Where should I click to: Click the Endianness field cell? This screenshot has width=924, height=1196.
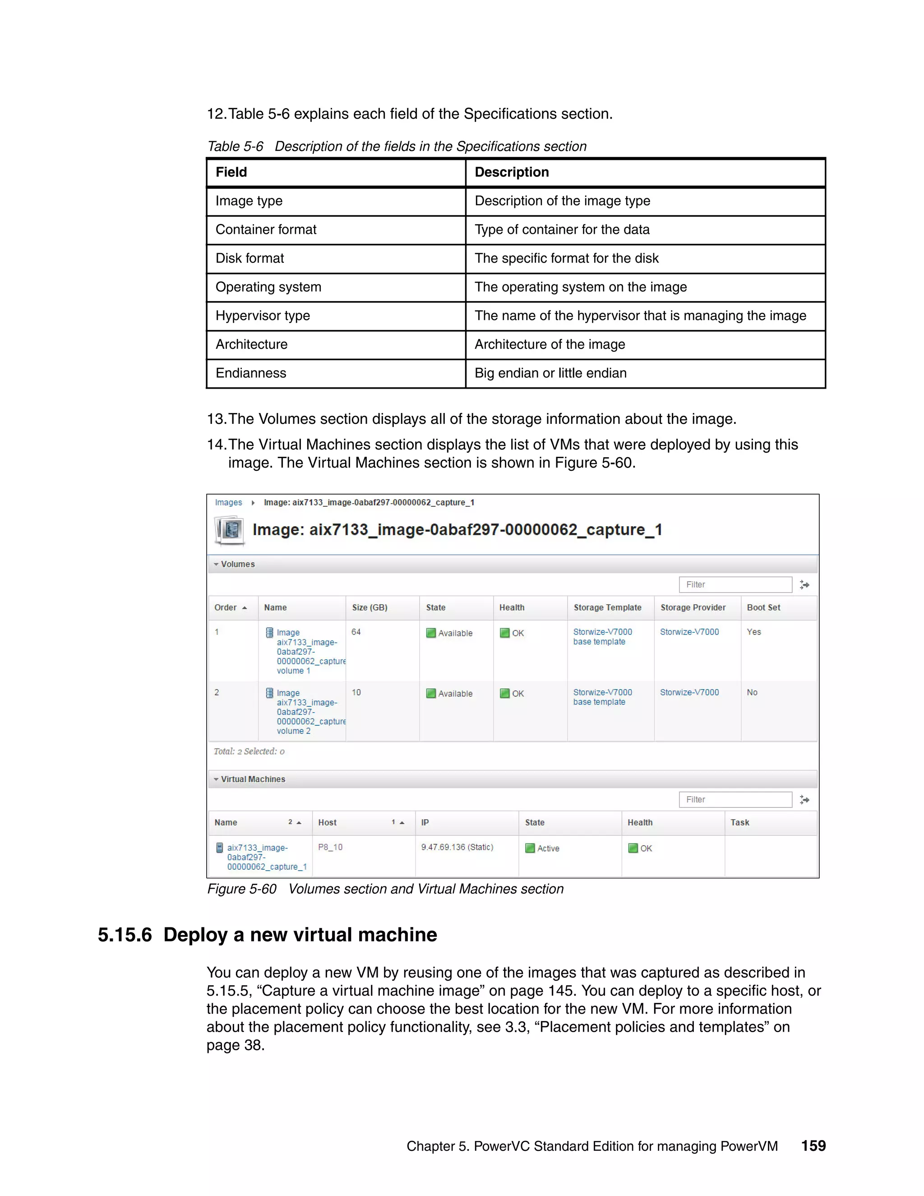251,373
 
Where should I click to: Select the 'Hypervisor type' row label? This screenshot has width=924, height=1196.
263,315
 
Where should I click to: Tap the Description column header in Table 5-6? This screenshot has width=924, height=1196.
511,172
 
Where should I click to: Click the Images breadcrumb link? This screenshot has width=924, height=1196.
228,502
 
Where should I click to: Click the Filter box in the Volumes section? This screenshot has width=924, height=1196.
735,584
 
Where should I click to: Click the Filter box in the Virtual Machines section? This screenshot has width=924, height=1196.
735,800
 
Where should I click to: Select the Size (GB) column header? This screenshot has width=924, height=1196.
370,607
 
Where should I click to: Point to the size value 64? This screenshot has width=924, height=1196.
356,632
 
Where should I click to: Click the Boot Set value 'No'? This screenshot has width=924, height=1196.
752,692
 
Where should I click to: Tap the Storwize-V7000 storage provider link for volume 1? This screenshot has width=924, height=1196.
689,632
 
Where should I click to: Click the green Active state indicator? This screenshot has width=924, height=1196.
530,848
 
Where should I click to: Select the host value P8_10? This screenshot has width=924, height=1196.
330,847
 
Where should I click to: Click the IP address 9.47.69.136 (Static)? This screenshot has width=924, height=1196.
457,847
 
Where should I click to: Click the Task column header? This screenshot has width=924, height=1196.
739,822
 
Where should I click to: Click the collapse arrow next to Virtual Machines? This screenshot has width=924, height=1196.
216,779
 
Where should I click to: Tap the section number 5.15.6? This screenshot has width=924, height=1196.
125,935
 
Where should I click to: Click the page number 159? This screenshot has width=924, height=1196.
813,1145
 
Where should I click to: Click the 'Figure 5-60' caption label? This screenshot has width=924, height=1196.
242,889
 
